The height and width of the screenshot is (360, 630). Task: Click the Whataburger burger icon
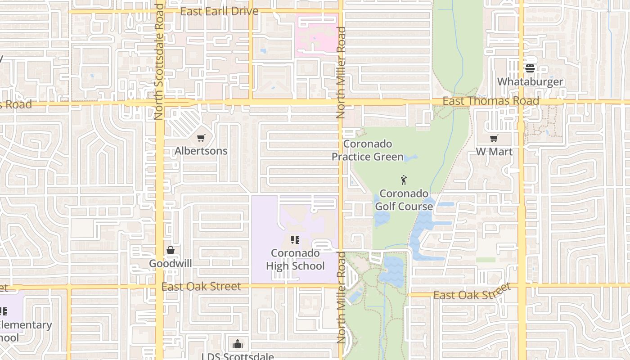pyautogui.click(x=530, y=68)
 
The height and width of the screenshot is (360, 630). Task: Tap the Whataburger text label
pyautogui.click(x=530, y=82)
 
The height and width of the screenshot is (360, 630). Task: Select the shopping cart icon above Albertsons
pyautogui.click(x=201, y=138)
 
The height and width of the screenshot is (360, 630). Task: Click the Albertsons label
pyautogui.click(x=201, y=151)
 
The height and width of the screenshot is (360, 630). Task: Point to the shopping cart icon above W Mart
pyautogui.click(x=494, y=138)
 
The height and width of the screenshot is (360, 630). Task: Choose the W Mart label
pyautogui.click(x=494, y=152)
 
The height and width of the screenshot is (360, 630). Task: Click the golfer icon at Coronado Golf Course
pyautogui.click(x=404, y=180)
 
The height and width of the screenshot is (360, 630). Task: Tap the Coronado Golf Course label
pyautogui.click(x=404, y=200)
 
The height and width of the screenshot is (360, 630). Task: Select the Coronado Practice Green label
pyautogui.click(x=368, y=150)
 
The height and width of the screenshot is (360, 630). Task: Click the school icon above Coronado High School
pyautogui.click(x=295, y=240)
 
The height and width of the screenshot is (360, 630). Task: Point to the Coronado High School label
pyautogui.click(x=295, y=260)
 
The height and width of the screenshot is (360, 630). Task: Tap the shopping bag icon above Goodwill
pyautogui.click(x=171, y=250)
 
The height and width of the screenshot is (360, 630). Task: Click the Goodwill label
pyautogui.click(x=171, y=264)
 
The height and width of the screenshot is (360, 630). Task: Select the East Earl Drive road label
pyautogui.click(x=219, y=11)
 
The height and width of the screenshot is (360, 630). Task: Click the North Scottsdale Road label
pyautogui.click(x=158, y=62)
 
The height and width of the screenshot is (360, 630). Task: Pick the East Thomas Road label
pyautogui.click(x=490, y=101)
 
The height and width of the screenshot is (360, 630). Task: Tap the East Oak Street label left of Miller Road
pyautogui.click(x=201, y=287)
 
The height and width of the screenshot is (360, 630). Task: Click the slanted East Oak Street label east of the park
pyautogui.click(x=472, y=292)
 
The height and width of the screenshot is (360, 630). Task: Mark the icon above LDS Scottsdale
pyautogui.click(x=238, y=345)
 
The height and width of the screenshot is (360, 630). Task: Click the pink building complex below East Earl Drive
pyautogui.click(x=318, y=34)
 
